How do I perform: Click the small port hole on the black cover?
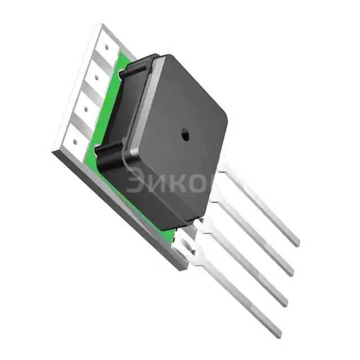point(184,134)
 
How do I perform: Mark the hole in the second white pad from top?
point(96,76)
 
